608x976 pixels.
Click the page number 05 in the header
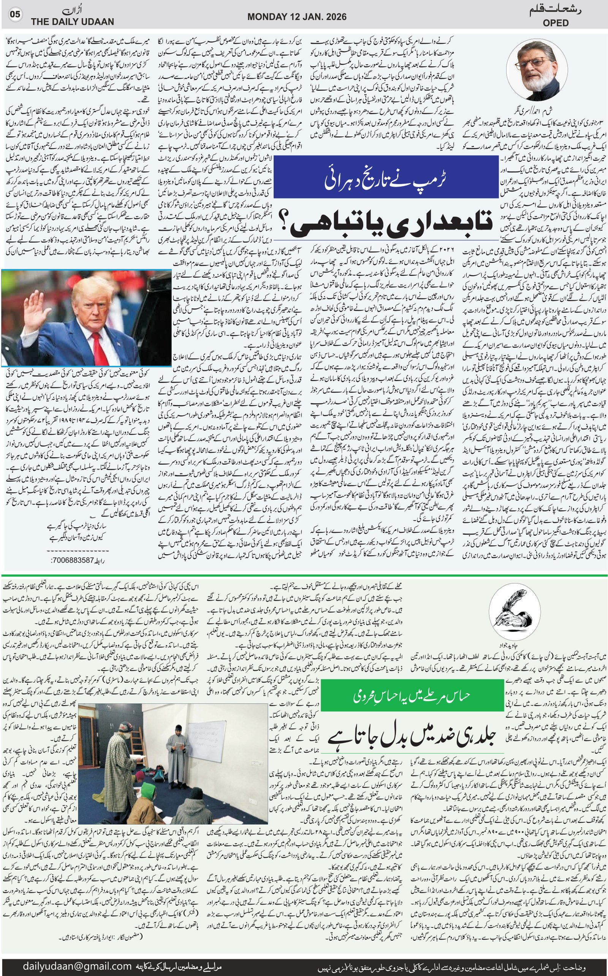pyautogui.click(x=15, y=14)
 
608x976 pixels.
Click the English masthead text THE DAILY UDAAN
pyautogui.click(x=72, y=22)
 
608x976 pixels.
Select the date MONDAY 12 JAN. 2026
pyautogui.click(x=297, y=16)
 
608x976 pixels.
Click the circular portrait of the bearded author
pyautogui.click(x=533, y=71)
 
